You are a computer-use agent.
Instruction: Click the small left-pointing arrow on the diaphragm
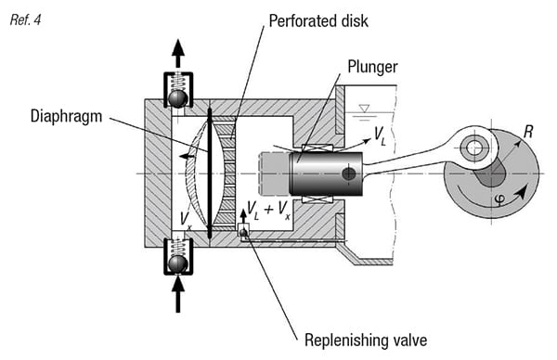[187, 157]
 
